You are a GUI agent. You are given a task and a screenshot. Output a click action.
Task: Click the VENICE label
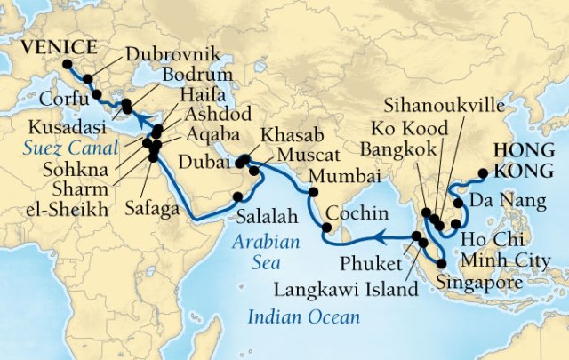pyautogui.click(x=41, y=46)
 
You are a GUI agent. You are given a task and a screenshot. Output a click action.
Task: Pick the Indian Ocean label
pyautogui.click(x=303, y=316)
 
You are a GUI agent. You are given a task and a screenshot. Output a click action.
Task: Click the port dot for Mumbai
pyautogui.click(x=313, y=192)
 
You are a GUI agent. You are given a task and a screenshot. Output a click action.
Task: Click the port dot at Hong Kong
pyautogui.click(x=482, y=174)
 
